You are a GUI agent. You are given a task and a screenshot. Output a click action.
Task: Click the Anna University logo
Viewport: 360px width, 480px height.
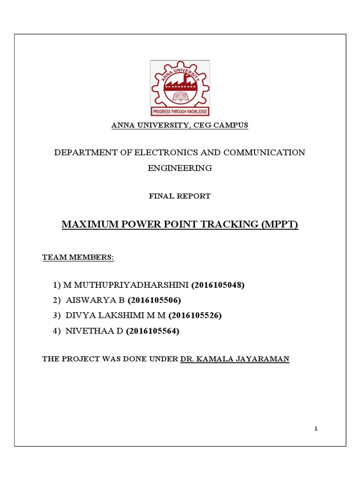click(180, 88)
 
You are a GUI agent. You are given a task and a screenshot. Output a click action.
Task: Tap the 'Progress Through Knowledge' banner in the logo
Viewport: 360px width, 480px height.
click(180, 112)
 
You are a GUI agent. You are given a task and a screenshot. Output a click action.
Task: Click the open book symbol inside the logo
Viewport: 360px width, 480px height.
click(180, 97)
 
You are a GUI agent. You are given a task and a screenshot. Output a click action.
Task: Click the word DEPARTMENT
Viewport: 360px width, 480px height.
click(83, 153)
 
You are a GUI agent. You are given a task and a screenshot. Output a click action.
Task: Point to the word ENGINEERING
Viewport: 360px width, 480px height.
click(180, 168)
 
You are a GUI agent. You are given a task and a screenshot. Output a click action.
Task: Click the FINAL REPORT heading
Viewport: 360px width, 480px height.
click(180, 196)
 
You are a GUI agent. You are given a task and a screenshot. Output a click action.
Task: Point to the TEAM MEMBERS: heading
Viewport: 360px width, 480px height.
click(78, 257)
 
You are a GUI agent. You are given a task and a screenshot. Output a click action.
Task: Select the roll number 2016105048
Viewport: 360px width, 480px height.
click(218, 285)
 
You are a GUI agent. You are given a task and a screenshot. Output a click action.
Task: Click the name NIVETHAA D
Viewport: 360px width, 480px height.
click(94, 331)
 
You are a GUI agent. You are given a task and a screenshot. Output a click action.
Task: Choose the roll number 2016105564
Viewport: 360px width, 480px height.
click(152, 331)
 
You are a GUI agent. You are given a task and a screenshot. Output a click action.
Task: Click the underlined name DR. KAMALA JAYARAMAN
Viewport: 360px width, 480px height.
click(235, 360)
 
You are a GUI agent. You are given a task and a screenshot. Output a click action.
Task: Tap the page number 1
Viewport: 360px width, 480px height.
click(316, 428)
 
